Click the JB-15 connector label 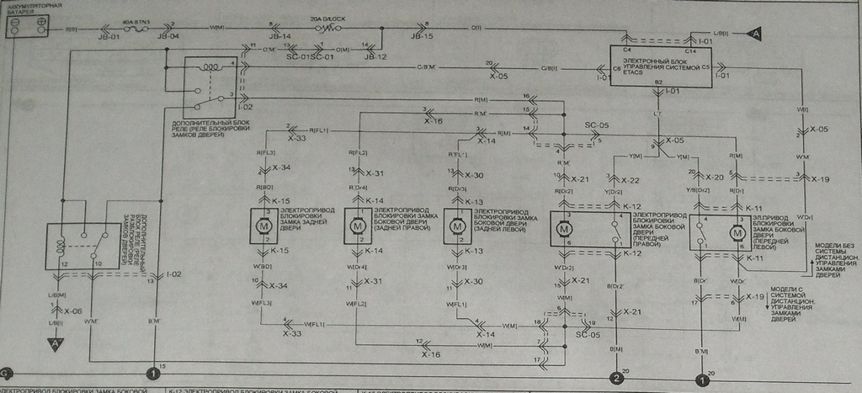click(x=422, y=37)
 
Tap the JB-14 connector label click(x=279, y=37)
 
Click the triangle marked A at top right click(x=754, y=34)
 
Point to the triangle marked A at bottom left click(x=56, y=344)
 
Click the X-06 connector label click(x=73, y=311)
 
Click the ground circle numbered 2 click(x=617, y=378)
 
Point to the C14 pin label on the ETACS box click(x=689, y=52)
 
